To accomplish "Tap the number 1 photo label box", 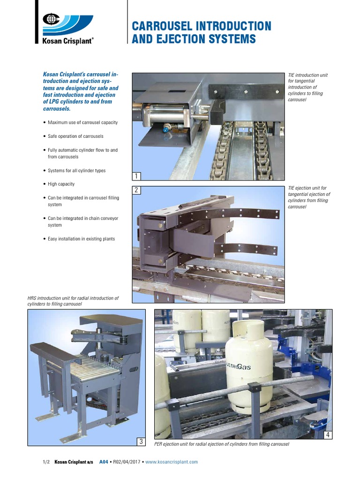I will [137, 176].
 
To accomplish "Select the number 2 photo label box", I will [137, 190].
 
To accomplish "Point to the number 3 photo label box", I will [141, 441].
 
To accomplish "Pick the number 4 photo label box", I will [328, 435].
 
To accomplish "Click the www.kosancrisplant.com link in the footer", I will [172, 462].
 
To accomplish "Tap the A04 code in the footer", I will [104, 462].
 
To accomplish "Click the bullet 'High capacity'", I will [61, 184].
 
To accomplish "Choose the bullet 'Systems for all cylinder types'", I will [77, 171].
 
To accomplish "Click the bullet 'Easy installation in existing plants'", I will [81, 239].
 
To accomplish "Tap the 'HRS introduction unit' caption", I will [73, 301].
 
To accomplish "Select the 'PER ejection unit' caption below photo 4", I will [222, 444].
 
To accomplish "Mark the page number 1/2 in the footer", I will [46, 462].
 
